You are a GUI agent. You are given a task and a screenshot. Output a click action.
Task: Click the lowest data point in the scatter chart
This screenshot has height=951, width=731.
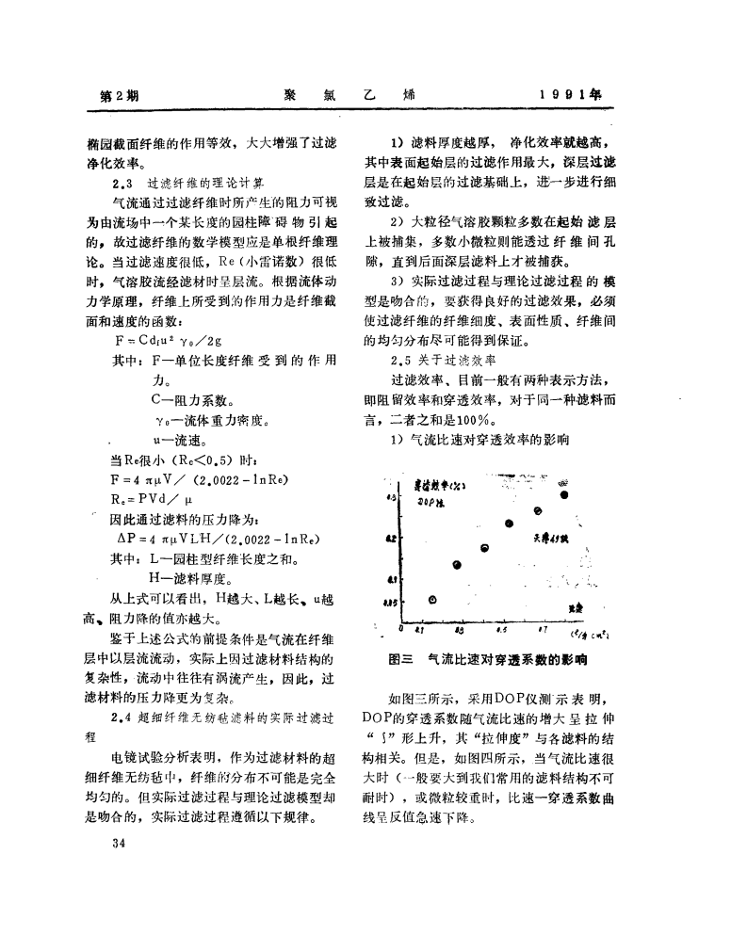(433, 600)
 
